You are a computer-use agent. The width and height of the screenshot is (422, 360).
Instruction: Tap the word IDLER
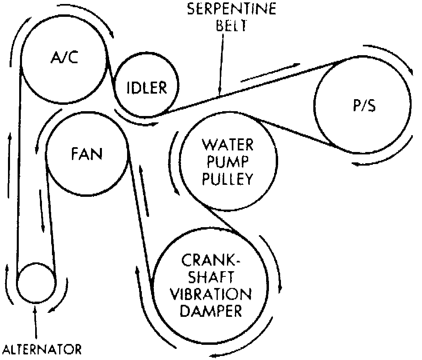(x=146, y=87)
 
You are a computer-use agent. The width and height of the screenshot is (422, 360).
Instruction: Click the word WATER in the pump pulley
(x=228, y=144)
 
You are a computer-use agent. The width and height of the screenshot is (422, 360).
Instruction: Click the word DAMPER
(x=211, y=311)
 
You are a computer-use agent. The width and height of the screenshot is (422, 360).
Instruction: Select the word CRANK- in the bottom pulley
(x=211, y=261)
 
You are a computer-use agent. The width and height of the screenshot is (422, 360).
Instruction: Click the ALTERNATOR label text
(x=42, y=350)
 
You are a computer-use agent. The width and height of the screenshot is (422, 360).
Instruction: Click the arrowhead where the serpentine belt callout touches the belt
(x=219, y=93)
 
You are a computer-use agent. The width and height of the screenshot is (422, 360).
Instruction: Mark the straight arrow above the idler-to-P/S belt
(x=270, y=72)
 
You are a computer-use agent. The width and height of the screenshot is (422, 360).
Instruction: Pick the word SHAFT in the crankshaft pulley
(x=211, y=278)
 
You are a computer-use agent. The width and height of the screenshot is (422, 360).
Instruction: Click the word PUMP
(x=228, y=162)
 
